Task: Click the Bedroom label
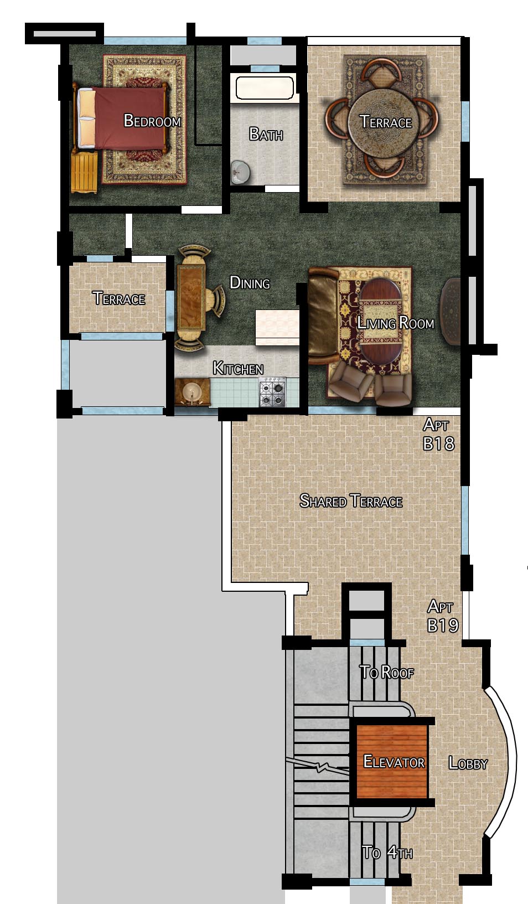click(152, 121)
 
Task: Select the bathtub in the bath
click(265, 87)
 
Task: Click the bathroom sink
click(240, 172)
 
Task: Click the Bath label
click(266, 134)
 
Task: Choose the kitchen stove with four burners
click(273, 391)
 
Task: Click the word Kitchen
click(238, 368)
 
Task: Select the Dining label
click(250, 282)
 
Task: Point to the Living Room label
click(396, 323)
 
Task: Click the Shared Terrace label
click(351, 501)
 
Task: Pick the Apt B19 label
click(442, 616)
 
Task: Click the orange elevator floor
click(392, 761)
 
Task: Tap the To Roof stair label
click(386, 673)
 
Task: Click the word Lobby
click(468, 763)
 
